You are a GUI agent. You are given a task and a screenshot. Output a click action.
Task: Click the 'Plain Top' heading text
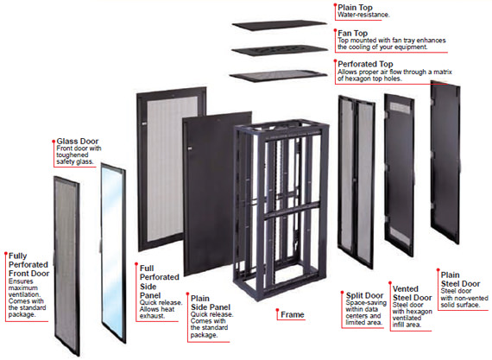354,6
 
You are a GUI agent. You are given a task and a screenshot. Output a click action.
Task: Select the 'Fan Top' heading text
351,33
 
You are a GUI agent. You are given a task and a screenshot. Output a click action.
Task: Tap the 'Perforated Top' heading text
366,63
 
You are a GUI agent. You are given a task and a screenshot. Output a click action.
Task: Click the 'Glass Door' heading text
76,139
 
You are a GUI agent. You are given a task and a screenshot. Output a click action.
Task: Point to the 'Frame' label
291,315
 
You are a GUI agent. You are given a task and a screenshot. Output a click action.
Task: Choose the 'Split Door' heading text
363,294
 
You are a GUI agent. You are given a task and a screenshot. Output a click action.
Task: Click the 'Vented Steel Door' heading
412,293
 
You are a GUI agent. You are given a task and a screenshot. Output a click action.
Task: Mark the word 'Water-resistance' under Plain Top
364,15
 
